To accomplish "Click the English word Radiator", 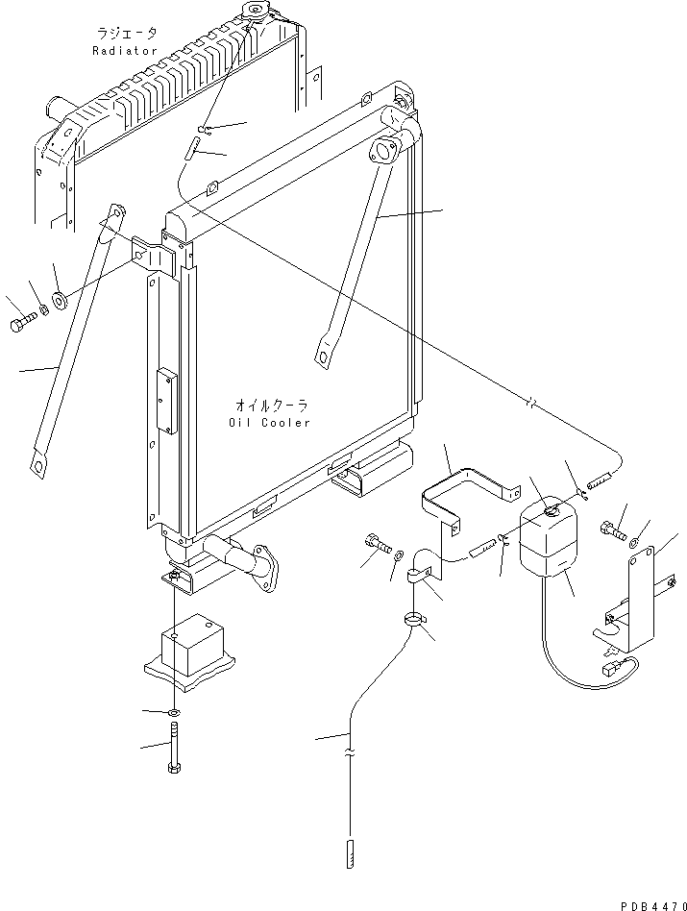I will (x=124, y=50).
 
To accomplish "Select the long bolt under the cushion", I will (x=173, y=751).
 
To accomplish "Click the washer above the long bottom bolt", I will (x=172, y=712).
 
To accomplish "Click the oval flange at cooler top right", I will (x=385, y=151).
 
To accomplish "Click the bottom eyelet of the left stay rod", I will (x=39, y=466).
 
